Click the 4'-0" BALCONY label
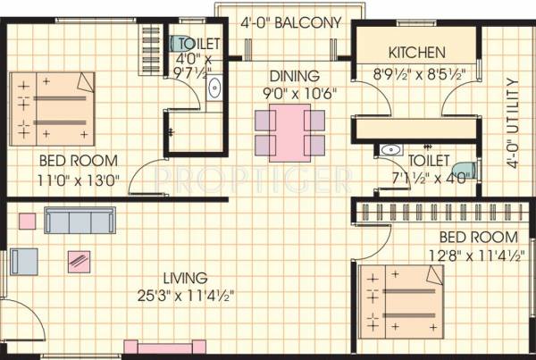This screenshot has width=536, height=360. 291,23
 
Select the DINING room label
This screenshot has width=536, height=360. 287,78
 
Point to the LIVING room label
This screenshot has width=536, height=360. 187,278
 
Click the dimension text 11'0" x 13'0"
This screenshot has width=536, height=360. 80,177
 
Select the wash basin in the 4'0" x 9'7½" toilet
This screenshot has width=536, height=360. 214,88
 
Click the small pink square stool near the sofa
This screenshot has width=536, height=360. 29,218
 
